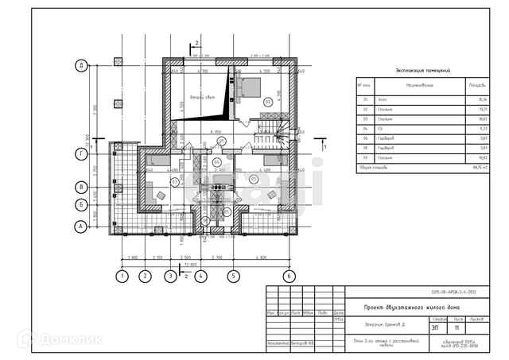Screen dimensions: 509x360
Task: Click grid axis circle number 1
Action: pyautogui.click(x=122, y=277)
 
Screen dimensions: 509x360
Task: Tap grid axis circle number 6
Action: pyautogui.click(x=289, y=277)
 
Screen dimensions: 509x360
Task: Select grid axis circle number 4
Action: pyautogui.click(x=201, y=277)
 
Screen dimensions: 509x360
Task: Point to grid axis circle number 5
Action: pyautogui.click(x=233, y=277)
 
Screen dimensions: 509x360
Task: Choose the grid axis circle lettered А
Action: pyautogui.click(x=81, y=226)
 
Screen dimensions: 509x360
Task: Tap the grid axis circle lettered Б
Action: pyautogui.click(x=81, y=205)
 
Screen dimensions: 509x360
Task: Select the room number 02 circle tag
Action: pyautogui.click(x=268, y=102)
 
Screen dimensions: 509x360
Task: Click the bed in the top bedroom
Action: pyautogui.click(x=248, y=85)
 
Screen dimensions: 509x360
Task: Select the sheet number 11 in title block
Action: pyautogui.click(x=456, y=326)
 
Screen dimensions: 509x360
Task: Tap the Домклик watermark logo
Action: pyautogui.click(x=56, y=338)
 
